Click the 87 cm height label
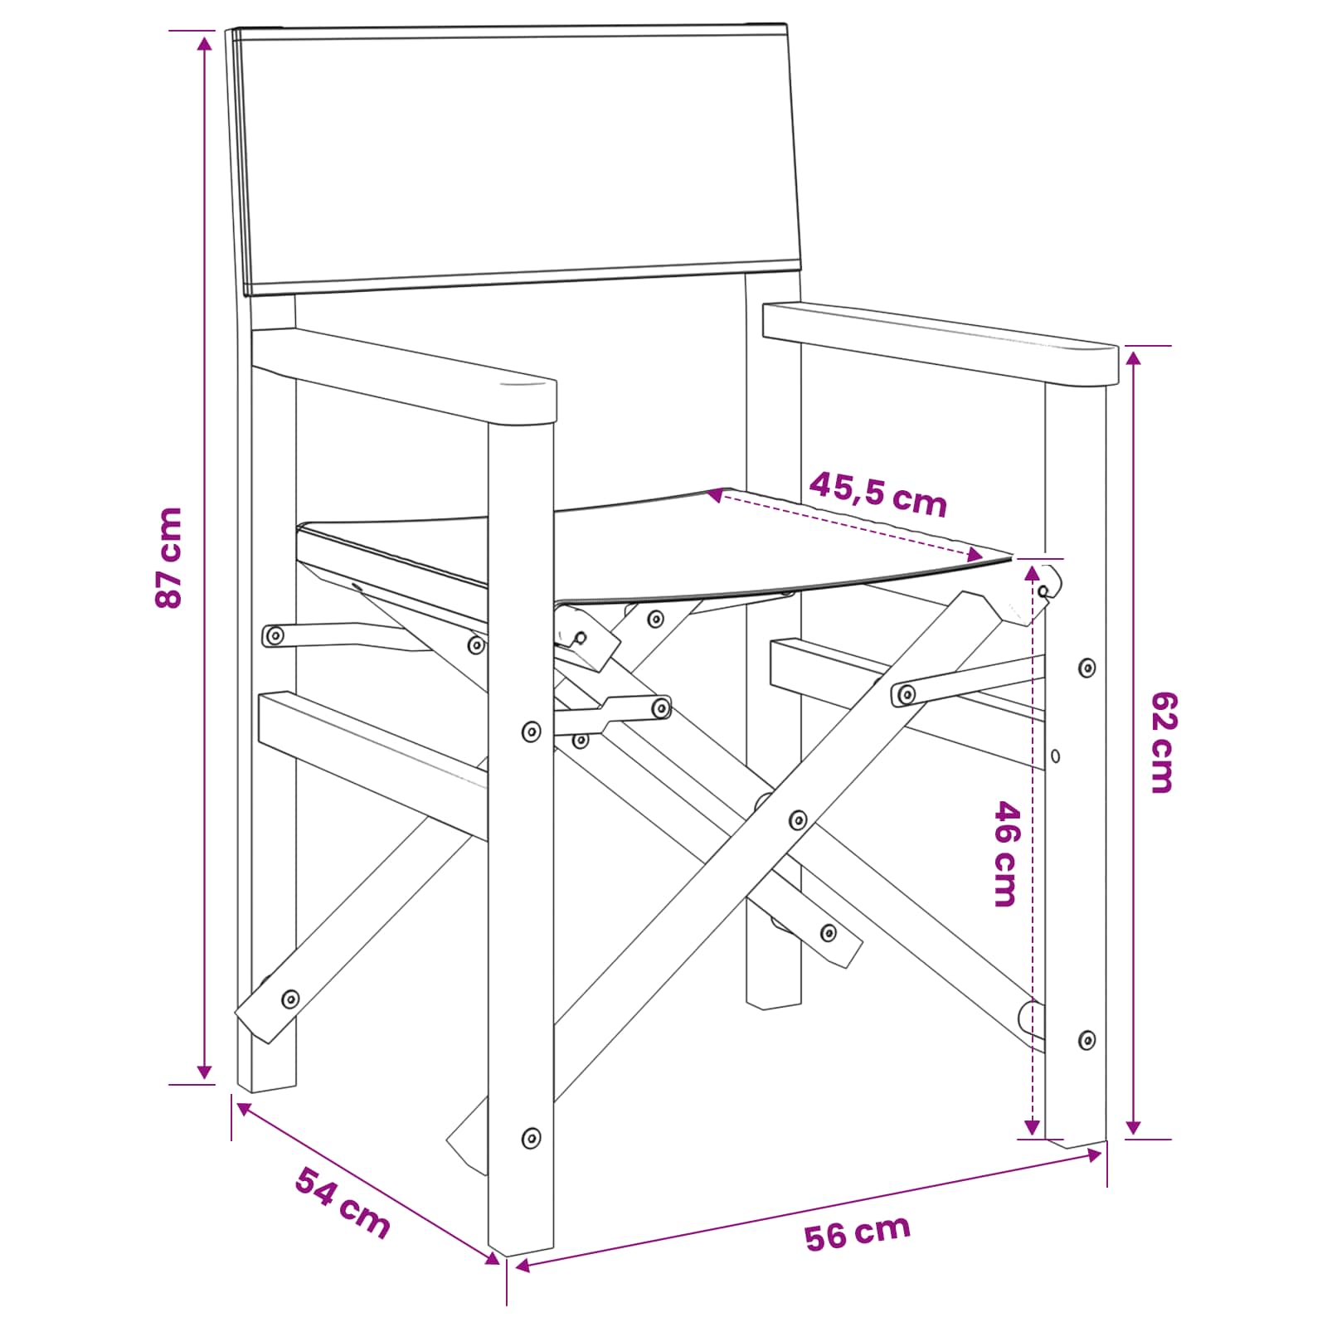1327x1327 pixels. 168,557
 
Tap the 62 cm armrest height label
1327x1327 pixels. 1164,742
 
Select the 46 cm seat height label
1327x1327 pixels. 1004,853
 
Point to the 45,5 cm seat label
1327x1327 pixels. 878,493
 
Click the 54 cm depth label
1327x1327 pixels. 343,1203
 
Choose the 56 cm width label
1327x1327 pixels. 858,1232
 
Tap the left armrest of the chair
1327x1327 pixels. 404,377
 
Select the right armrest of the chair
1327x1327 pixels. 941,343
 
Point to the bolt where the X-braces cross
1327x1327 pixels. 798,820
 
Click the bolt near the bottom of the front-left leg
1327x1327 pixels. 531,1137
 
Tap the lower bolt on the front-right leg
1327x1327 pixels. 1086,1040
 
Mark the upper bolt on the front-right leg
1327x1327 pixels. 1086,668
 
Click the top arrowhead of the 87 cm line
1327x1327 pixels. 204,42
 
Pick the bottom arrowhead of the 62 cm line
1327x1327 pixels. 1134,1128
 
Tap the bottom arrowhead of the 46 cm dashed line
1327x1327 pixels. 1032,1127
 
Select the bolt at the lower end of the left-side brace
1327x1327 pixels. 290,999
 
